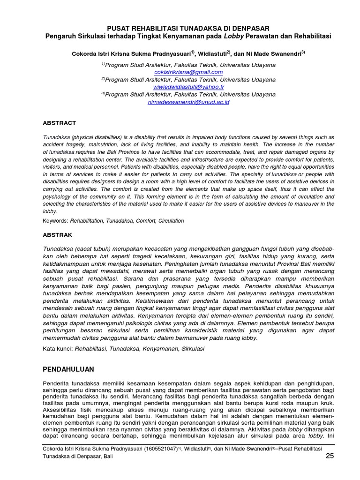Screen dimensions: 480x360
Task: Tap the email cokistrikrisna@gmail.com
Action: [188, 72]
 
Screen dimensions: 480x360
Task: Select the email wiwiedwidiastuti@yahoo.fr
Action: [188, 87]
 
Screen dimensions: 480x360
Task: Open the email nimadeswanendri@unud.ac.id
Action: [188, 102]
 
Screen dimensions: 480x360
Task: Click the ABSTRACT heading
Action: [60, 123]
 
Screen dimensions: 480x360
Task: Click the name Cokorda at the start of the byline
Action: [84, 53]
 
